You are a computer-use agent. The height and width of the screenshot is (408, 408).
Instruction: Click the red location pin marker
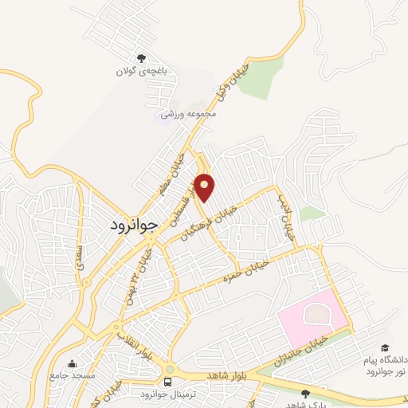[x=206, y=187]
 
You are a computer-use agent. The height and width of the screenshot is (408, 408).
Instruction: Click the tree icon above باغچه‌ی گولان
[x=142, y=58]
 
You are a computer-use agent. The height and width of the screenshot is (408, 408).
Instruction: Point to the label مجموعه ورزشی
[x=190, y=115]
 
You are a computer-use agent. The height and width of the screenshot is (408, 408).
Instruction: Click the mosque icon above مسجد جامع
[x=73, y=363]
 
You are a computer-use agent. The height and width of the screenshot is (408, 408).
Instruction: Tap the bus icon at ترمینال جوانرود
[x=169, y=370]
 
